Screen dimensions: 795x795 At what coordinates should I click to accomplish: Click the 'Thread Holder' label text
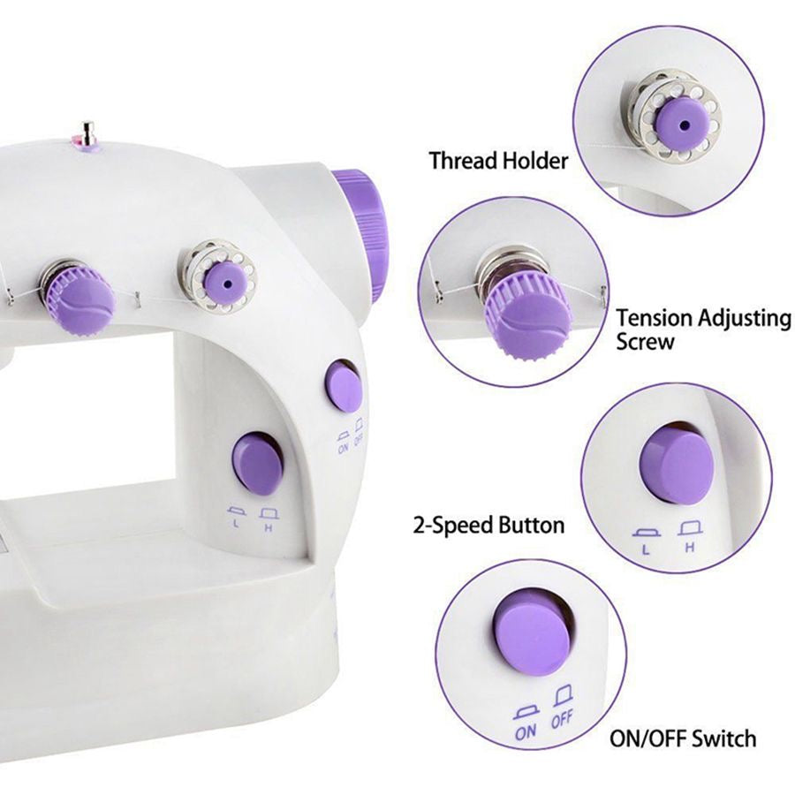[x=498, y=161]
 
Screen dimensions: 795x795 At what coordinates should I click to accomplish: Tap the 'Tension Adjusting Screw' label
[x=703, y=329]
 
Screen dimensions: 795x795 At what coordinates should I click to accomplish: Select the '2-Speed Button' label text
[x=488, y=526]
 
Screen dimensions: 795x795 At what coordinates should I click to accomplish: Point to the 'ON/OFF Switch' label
[x=683, y=738]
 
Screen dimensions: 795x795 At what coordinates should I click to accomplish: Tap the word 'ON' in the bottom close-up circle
[x=526, y=731]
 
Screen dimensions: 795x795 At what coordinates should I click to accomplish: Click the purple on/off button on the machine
[x=344, y=385]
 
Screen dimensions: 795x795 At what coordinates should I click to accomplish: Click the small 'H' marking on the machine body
[x=267, y=527]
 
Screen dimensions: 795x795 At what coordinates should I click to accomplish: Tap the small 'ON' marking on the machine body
[x=342, y=448]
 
